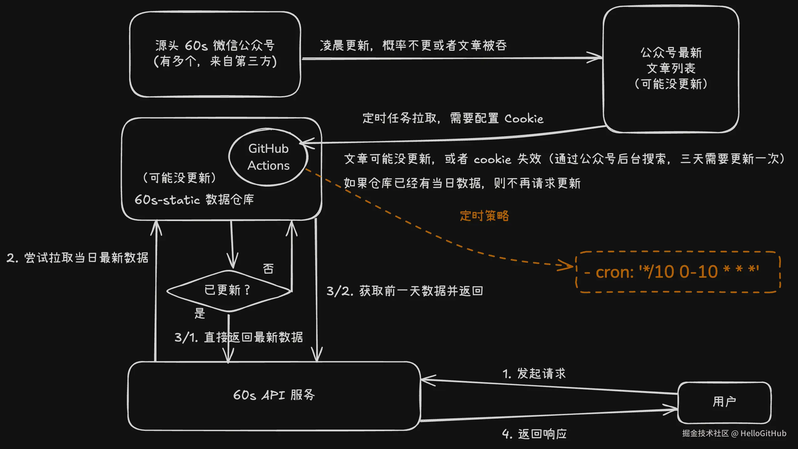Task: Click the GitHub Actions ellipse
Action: click(x=269, y=157)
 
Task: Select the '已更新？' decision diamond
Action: click(x=228, y=290)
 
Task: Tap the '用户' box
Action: click(x=724, y=402)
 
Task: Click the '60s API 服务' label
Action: click(x=274, y=395)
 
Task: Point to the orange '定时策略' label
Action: click(x=484, y=216)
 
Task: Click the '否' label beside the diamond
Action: click(x=268, y=268)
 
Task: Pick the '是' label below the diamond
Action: click(x=200, y=313)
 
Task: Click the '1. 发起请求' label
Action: click(x=534, y=374)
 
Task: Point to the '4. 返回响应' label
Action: click(x=534, y=434)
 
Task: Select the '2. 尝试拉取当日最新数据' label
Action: click(x=77, y=258)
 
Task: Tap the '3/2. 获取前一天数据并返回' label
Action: click(x=405, y=291)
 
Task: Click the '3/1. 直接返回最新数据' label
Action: click(x=238, y=337)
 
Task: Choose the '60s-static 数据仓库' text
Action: click(x=194, y=199)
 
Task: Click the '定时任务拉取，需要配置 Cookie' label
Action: click(x=453, y=118)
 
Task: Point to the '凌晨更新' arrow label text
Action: click(x=413, y=45)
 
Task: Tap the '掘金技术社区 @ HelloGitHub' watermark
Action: click(x=734, y=433)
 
